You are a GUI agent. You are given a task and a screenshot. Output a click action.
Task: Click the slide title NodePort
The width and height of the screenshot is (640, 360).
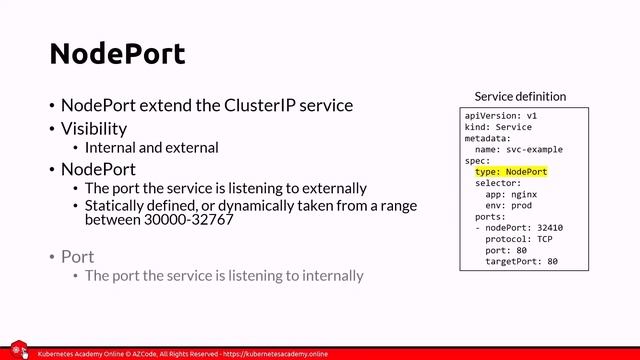[118, 53]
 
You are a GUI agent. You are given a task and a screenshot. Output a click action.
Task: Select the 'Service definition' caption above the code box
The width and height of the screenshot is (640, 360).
[519, 97]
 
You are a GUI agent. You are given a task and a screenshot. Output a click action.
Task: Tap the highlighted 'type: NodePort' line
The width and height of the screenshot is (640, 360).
[511, 172]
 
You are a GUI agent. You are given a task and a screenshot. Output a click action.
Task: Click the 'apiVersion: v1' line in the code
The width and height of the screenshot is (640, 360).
[501, 116]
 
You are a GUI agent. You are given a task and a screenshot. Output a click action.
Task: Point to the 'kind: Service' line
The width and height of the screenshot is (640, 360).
[498, 127]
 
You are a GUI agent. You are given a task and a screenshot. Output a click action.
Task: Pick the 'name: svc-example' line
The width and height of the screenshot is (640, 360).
[519, 150]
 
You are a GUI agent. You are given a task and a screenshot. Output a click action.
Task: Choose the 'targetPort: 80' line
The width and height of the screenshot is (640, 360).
[521, 262]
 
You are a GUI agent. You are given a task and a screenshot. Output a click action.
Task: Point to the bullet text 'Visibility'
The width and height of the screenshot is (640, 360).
[94, 128]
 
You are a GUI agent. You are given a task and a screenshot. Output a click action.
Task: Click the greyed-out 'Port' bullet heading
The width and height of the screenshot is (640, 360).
[78, 257]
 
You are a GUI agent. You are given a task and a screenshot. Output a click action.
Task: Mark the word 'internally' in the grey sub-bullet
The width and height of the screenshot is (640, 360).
[329, 275]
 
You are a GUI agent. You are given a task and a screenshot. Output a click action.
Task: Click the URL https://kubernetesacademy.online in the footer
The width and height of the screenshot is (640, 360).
[274, 354]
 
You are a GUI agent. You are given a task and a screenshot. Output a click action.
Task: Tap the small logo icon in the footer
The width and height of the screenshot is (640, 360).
[18, 351]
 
